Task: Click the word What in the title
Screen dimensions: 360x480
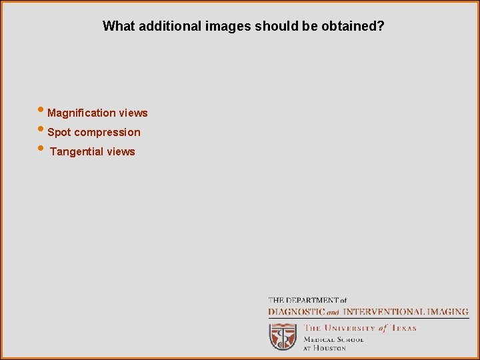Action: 117,27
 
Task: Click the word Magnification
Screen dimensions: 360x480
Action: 82,113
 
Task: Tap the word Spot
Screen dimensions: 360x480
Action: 59,133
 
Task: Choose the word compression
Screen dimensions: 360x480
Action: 107,133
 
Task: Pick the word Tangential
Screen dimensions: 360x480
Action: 77,152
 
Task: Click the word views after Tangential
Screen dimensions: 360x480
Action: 121,152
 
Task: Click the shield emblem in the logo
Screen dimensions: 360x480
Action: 283,337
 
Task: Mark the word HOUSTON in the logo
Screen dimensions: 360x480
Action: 331,348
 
